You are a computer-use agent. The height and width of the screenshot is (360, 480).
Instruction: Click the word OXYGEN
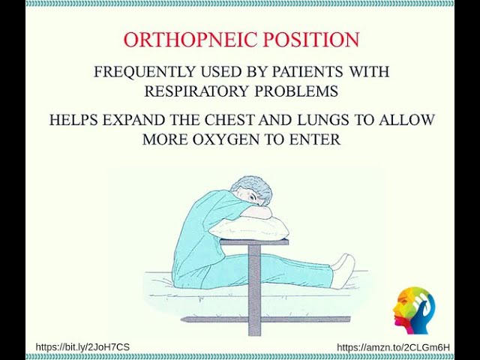[250, 139]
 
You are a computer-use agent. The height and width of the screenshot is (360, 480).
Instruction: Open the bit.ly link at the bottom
[82, 346]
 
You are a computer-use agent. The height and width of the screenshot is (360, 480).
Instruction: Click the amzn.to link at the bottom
[393, 346]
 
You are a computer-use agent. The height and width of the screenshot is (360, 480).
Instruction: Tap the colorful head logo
[414, 309]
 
